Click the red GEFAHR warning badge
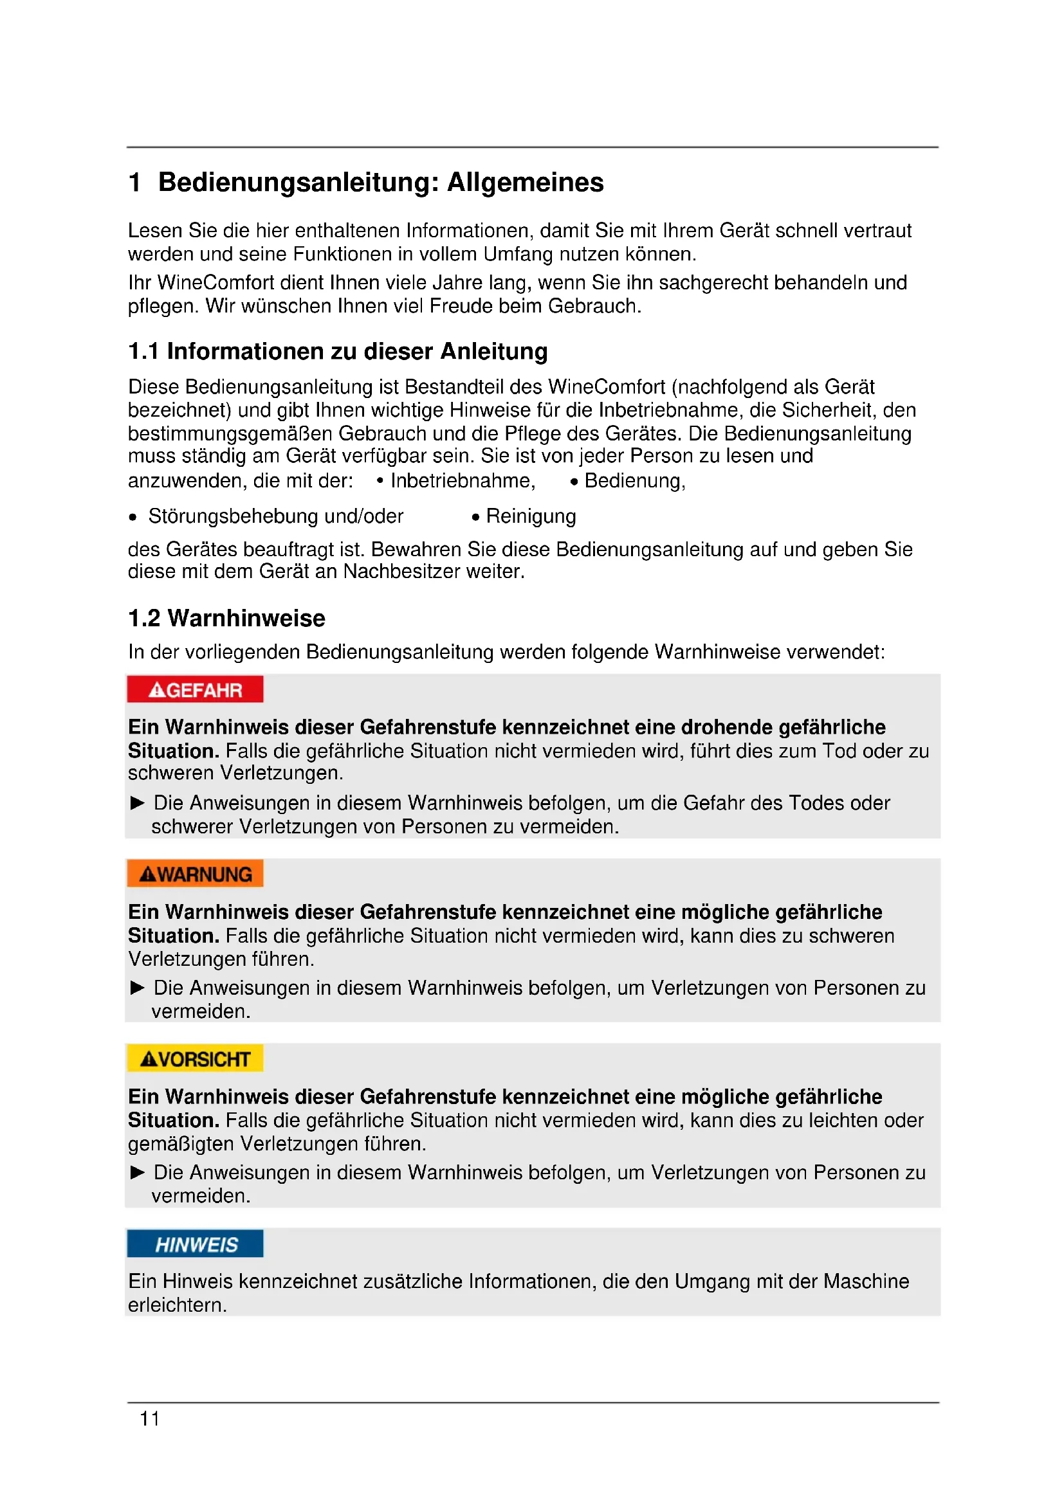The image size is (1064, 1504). [196, 690]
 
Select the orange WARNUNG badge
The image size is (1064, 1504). [196, 874]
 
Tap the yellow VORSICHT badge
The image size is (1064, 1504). [196, 1058]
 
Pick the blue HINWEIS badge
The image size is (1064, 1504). [196, 1244]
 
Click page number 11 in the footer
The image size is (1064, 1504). [149, 1419]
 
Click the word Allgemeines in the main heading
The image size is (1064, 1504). [525, 183]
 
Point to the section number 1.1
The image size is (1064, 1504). [143, 352]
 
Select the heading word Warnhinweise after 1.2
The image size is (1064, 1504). [246, 619]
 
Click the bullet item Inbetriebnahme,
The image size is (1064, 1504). [463, 481]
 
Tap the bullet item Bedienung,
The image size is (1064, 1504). [634, 481]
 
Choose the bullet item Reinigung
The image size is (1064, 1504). [531, 516]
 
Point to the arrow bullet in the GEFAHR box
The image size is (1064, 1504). [138, 803]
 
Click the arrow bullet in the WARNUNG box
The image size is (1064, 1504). [138, 988]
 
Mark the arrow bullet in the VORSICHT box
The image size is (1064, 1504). [138, 1173]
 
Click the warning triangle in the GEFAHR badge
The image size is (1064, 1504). [156, 691]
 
